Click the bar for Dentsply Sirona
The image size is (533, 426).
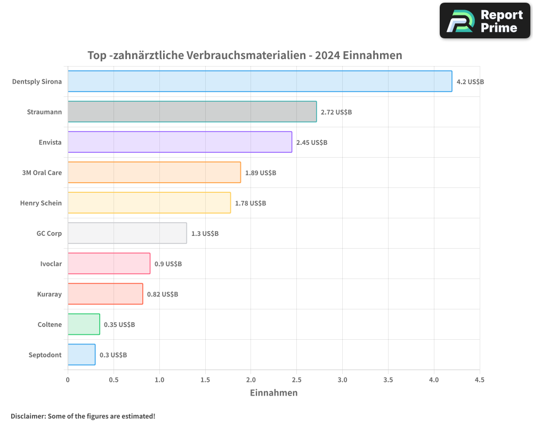click(260, 81)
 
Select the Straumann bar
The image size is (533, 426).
click(192, 112)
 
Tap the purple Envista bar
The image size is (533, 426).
click(180, 142)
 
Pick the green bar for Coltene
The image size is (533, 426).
click(84, 324)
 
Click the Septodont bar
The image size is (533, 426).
click(82, 355)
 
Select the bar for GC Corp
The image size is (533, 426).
click(127, 233)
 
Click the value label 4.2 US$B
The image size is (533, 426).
click(470, 82)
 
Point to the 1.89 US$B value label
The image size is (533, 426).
click(261, 173)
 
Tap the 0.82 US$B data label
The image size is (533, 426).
click(163, 294)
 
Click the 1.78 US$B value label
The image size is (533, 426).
click(251, 203)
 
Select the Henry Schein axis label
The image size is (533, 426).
click(41, 203)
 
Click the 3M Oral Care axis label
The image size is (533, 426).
click(42, 173)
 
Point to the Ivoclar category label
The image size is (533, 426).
click(51, 264)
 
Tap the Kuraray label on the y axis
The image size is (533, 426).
click(50, 294)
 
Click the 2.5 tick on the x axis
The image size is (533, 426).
click(296, 380)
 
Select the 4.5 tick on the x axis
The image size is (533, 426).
click(480, 380)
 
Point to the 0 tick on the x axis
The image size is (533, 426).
click(68, 380)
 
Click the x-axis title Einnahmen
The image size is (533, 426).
click(273, 393)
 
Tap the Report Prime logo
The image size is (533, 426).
click(485, 21)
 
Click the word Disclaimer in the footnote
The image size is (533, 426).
click(28, 416)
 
